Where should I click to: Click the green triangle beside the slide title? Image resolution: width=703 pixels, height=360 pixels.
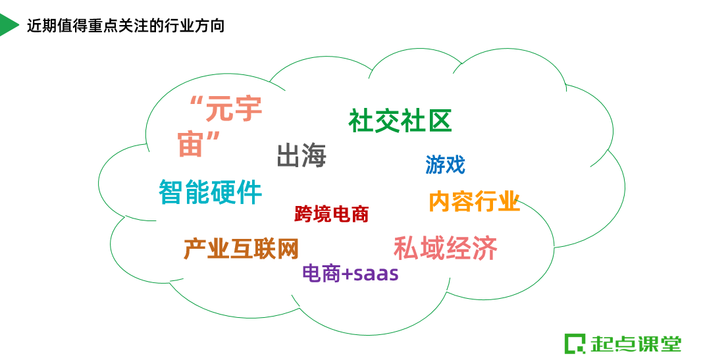[8, 25]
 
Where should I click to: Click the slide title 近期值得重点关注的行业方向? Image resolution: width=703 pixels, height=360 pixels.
[126, 26]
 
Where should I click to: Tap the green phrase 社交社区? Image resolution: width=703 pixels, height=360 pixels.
[400, 121]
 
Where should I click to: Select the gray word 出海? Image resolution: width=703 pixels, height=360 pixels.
[301, 156]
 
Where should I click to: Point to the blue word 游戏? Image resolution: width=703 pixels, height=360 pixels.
[445, 165]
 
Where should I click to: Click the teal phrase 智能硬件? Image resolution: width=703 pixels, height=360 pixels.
[210, 192]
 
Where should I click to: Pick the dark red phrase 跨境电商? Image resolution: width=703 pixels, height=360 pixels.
[331, 214]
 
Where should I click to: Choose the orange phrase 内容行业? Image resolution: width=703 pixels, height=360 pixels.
[474, 201]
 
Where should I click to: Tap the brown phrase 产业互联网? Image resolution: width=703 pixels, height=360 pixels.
[241, 249]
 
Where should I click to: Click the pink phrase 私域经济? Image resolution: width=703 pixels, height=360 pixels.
[445, 248]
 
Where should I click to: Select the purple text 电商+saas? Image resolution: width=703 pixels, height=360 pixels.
[350, 273]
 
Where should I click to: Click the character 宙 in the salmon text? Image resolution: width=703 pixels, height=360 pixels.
[191, 144]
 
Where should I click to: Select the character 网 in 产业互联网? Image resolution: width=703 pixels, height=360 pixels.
[287, 249]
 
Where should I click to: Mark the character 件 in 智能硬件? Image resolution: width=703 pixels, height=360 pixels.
[249, 192]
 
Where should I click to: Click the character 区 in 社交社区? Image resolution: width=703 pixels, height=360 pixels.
[439, 121]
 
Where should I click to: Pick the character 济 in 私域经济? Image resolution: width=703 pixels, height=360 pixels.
[484, 248]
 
